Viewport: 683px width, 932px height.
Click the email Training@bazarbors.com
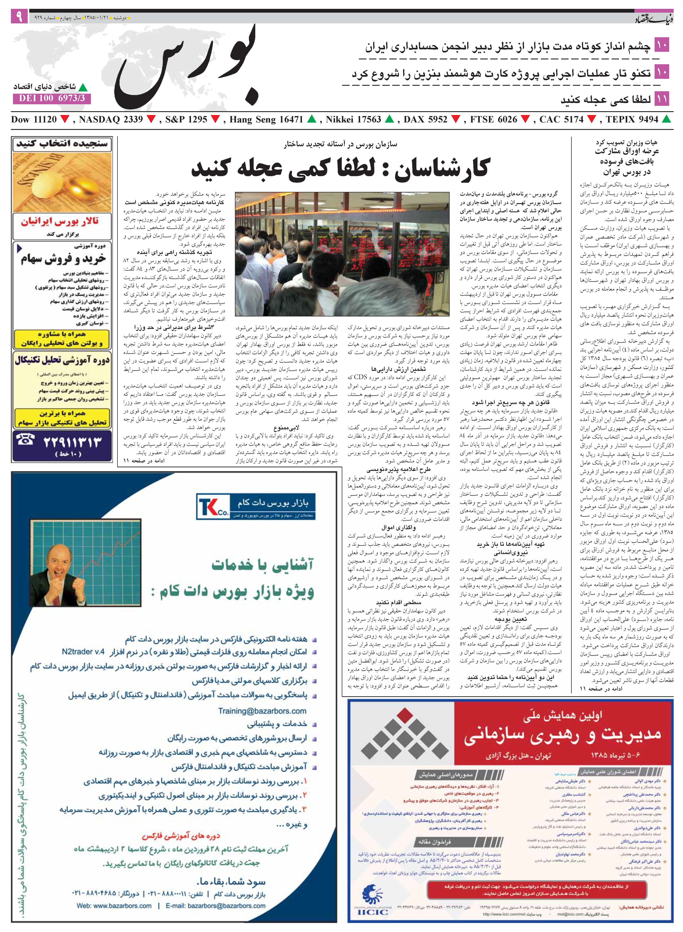pyautogui.click(x=262, y=711)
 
